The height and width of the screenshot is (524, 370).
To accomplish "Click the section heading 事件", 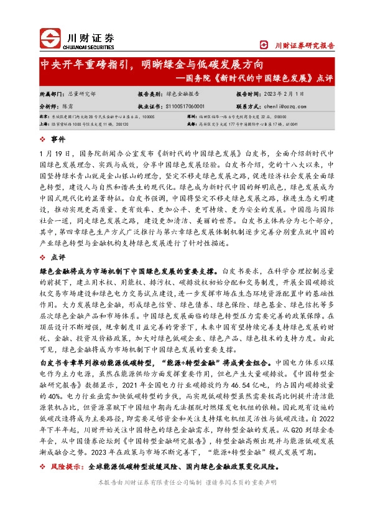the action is pyautogui.click(x=58, y=139).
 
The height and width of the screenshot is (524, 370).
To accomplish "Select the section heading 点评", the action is pyautogui.click(x=58, y=256).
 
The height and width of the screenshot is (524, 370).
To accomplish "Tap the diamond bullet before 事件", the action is pyautogui.click(x=43, y=139).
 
